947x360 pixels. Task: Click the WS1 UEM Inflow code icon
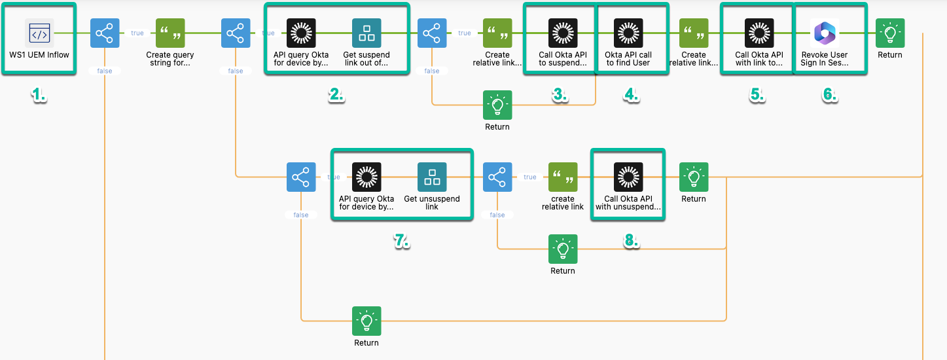pyautogui.click(x=39, y=33)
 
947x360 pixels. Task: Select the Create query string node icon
pyautogui.click(x=170, y=33)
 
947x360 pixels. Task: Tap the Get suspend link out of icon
pyautogui.click(x=366, y=33)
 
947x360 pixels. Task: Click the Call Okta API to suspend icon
pyautogui.click(x=563, y=33)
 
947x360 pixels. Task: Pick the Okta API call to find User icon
pyautogui.click(x=628, y=33)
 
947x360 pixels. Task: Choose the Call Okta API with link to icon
pyautogui.click(x=759, y=33)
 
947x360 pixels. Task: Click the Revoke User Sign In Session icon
pyautogui.click(x=825, y=33)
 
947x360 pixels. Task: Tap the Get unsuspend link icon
pyautogui.click(x=432, y=177)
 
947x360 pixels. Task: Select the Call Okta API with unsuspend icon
pyautogui.click(x=628, y=177)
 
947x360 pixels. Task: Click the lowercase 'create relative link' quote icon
pyautogui.click(x=563, y=177)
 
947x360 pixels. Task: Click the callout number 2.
pyautogui.click(x=336, y=95)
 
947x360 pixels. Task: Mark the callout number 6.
pyautogui.click(x=829, y=95)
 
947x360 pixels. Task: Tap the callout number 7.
pyautogui.click(x=401, y=240)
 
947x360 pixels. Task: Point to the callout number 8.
pyautogui.click(x=630, y=240)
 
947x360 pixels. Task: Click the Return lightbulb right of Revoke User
pyautogui.click(x=890, y=33)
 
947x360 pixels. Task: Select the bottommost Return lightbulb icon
pyautogui.click(x=366, y=321)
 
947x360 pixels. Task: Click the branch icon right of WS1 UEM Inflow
pyautogui.click(x=105, y=33)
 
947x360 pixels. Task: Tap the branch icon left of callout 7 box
pyautogui.click(x=301, y=177)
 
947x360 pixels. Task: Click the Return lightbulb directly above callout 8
pyautogui.click(x=563, y=249)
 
